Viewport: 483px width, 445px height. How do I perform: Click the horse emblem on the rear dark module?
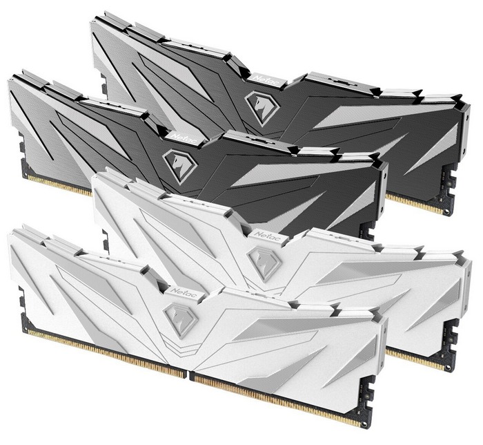pyautogui.click(x=262, y=107)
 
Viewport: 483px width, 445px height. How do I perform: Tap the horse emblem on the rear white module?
pyautogui.click(x=264, y=263)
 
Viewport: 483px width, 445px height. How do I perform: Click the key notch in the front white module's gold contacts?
pyautogui.click(x=188, y=375)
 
